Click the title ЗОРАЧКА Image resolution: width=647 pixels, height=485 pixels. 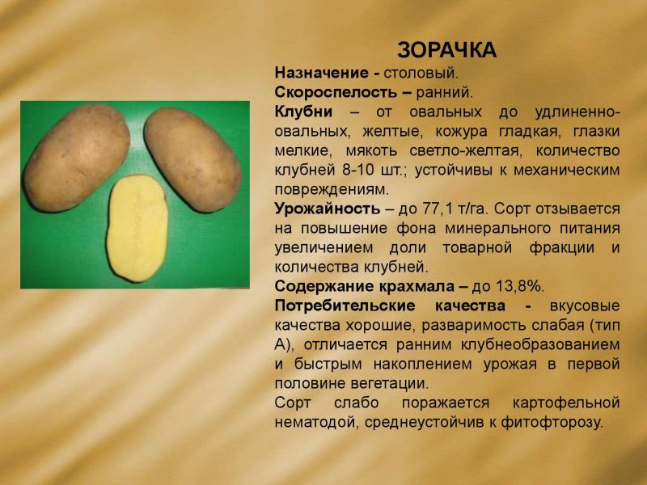coord(446,50)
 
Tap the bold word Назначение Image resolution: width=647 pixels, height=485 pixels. coord(321,73)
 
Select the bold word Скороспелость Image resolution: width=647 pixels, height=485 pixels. coord(336,92)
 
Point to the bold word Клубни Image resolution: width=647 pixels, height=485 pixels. coord(303,112)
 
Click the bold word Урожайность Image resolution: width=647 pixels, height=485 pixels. coord(328,209)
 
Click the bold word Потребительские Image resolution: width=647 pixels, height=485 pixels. coord(345,306)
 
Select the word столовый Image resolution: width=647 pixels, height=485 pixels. coord(421,74)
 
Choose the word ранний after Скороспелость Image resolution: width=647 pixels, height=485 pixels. coord(444,93)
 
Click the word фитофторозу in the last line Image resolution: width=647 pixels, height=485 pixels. coord(552,422)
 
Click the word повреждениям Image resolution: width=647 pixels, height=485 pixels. coord(332,190)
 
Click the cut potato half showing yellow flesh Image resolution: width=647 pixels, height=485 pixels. coord(137,228)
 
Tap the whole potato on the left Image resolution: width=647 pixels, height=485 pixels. coord(77,158)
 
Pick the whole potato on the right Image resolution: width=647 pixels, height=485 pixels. coord(192,160)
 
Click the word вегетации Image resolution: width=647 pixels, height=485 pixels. coord(390,384)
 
